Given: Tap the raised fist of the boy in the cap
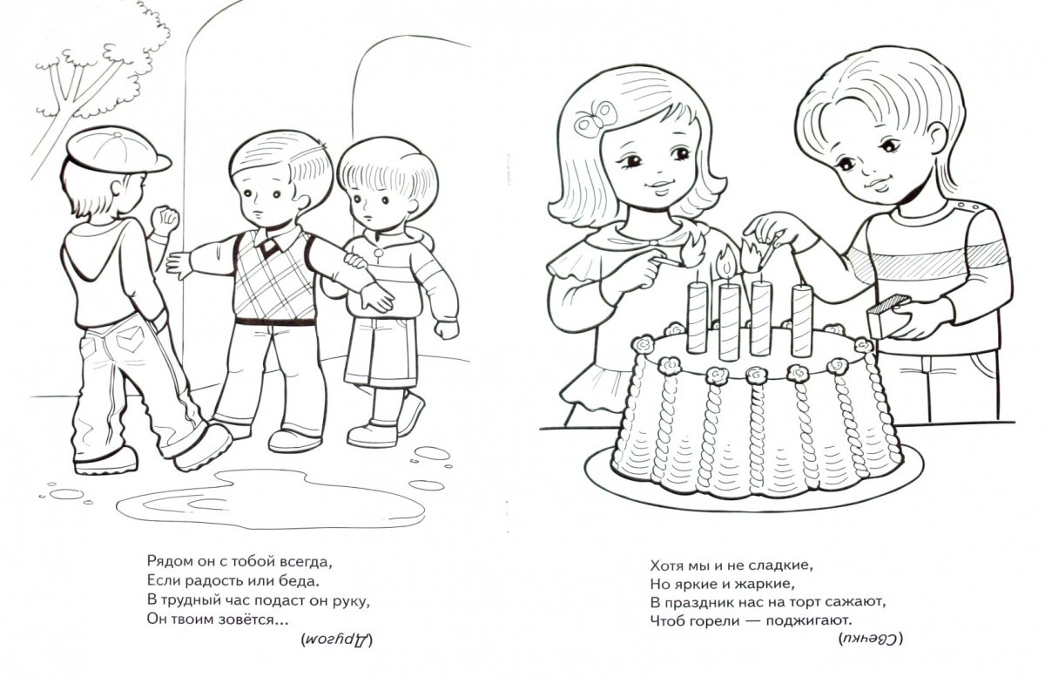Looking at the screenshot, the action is click(x=165, y=220).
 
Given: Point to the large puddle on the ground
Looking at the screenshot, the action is click(x=271, y=498).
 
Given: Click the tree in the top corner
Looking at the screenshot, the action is click(x=93, y=79).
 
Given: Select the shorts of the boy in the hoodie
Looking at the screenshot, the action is click(x=380, y=351).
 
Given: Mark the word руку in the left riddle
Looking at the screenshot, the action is click(x=350, y=602).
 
